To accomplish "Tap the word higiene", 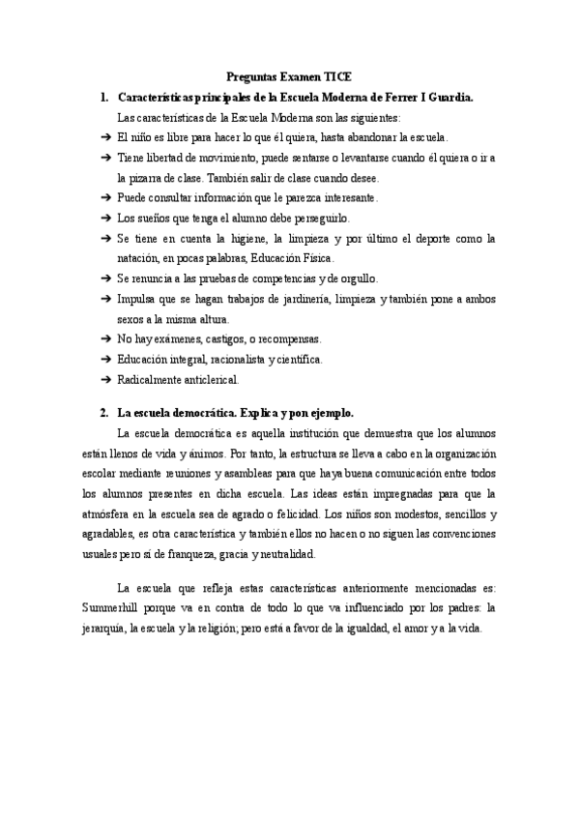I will tap(273, 238).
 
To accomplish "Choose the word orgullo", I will tap(354, 278).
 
